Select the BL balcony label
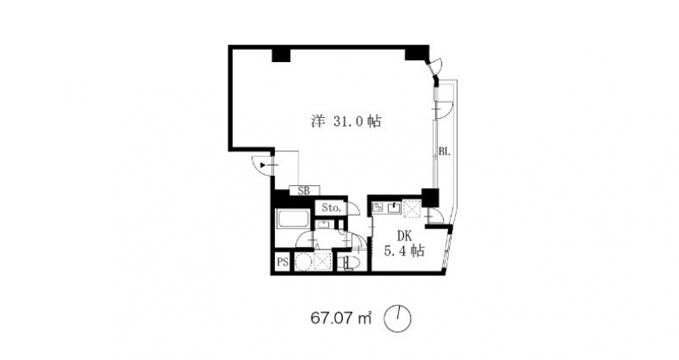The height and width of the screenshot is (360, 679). (x=443, y=153)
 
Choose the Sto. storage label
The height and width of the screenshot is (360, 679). (x=330, y=208)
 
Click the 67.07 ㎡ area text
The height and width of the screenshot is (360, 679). (x=344, y=319)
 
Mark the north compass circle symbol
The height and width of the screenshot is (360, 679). (x=397, y=319)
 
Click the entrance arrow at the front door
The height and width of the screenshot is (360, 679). (x=266, y=165)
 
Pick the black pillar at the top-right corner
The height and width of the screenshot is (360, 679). (x=415, y=53)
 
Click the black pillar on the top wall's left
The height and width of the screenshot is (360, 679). (x=281, y=55)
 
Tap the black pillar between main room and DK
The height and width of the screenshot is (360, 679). (x=429, y=197)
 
